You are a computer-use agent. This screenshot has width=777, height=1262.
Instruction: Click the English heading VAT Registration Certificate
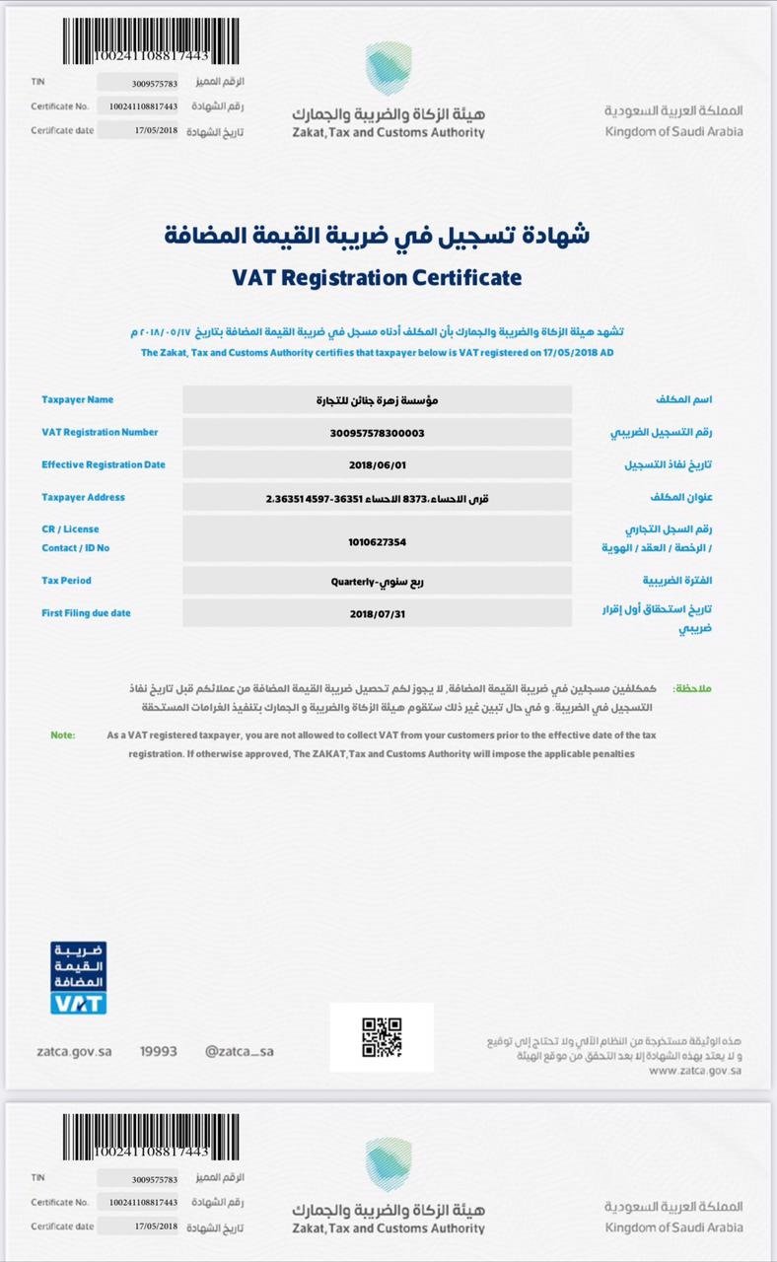click(377, 277)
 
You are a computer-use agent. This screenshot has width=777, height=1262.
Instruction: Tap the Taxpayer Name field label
click(77, 399)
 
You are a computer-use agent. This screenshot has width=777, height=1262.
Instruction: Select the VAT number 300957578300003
click(377, 432)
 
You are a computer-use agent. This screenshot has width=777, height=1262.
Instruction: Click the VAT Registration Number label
click(100, 432)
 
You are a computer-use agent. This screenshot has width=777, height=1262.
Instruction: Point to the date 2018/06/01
click(377, 464)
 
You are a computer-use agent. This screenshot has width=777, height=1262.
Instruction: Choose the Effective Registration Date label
click(104, 464)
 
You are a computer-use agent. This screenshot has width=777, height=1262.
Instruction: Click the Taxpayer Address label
click(83, 497)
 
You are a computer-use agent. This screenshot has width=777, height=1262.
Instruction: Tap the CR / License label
click(70, 528)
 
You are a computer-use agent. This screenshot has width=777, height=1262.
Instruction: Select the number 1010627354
click(377, 541)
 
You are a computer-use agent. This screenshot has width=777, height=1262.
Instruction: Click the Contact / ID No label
click(76, 547)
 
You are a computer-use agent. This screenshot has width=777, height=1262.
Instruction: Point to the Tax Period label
click(66, 580)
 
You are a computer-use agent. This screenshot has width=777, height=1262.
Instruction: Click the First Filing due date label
click(86, 612)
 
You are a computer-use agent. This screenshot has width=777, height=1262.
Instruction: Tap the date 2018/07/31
click(377, 613)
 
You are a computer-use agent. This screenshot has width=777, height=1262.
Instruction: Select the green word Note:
click(62, 735)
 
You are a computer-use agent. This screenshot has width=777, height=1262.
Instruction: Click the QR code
click(382, 1037)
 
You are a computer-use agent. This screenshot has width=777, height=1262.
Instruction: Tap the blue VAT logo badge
click(78, 978)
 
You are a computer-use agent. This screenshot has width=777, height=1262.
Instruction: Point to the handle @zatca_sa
click(240, 1051)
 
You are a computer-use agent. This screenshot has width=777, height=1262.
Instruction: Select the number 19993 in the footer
click(158, 1051)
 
